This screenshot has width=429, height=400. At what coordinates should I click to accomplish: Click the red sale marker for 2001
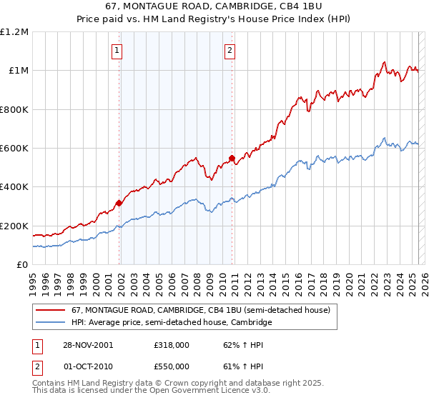point(119,203)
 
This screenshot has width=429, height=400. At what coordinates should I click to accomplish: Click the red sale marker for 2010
point(232,158)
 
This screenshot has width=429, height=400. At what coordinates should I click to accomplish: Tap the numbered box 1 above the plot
point(117,50)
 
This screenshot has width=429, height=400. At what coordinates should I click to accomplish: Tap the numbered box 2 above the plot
point(230,50)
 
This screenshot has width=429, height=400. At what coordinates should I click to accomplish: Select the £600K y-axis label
point(14,149)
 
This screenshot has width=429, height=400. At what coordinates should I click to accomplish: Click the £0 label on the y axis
point(21,265)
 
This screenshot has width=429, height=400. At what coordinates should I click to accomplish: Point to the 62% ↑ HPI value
point(233,344)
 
